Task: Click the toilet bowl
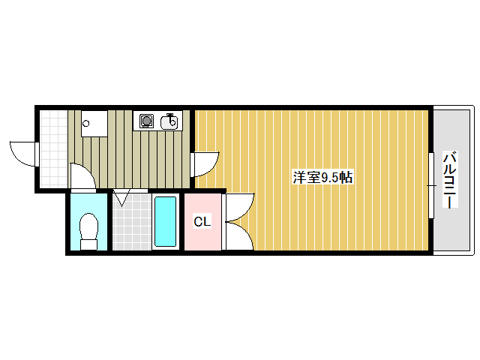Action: coord(88,224)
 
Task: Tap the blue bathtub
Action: coord(165,221)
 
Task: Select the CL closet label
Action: coord(202,222)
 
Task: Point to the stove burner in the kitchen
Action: coord(145,121)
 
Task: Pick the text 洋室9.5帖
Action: coord(322,178)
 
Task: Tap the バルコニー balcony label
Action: coord(450,181)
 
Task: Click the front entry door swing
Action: coord(24,151)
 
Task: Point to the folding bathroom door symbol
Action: coord(121,198)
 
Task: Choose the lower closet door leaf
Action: coord(238,236)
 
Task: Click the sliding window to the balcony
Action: coord(431,184)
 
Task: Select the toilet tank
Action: coord(88,244)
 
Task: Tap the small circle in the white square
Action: coord(86,124)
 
